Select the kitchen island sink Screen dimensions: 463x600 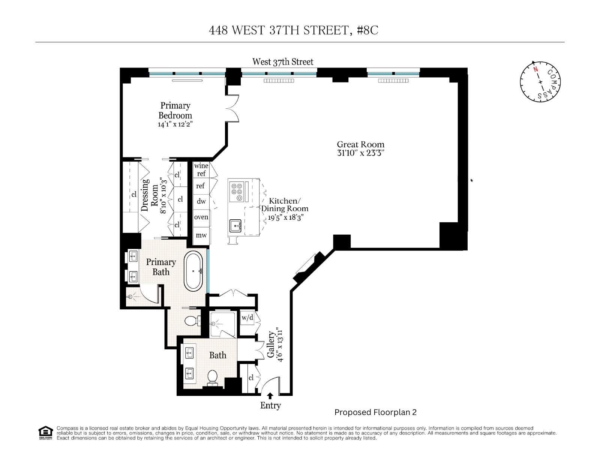(235, 226)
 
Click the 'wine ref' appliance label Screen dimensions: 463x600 (201, 169)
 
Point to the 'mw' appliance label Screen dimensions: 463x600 (201, 235)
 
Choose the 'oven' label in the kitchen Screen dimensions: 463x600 (201, 217)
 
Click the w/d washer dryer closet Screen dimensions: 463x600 (247, 318)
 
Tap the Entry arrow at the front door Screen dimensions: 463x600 (270, 396)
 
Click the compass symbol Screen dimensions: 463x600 (540, 81)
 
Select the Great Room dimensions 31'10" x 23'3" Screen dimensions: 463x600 (360, 153)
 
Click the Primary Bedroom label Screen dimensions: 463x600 (175, 111)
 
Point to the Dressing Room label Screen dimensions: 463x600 (149, 195)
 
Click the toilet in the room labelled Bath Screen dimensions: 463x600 (212, 377)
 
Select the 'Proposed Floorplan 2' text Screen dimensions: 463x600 (375, 412)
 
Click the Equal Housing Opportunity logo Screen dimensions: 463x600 (45, 433)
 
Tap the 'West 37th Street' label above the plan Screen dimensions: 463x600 (282, 62)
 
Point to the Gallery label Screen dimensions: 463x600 (271, 344)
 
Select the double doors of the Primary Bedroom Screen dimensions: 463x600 (232, 108)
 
